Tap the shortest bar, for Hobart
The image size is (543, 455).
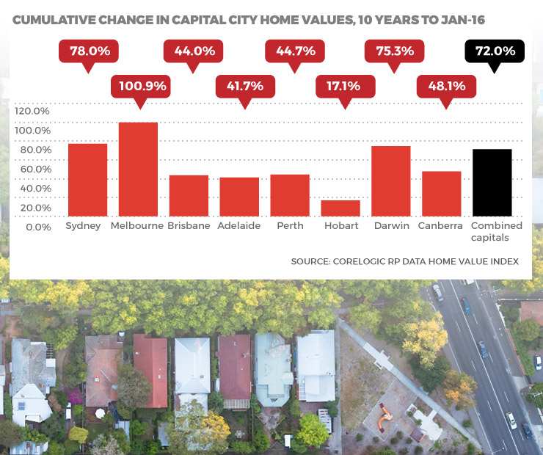(x=340, y=208)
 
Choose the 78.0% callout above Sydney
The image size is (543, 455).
(x=90, y=51)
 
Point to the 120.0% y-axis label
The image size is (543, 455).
(x=32, y=111)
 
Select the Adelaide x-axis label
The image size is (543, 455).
(x=238, y=225)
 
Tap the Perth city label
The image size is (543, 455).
(x=290, y=225)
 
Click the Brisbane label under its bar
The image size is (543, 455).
(x=188, y=225)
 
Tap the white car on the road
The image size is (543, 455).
(x=511, y=420)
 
